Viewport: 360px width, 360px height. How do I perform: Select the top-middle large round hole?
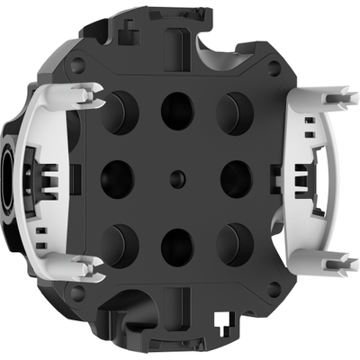point(177,109)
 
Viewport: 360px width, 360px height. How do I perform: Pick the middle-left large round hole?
point(117,177)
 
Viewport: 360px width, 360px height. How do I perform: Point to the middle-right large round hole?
point(237,177)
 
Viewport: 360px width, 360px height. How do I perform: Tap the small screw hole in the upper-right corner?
point(276,64)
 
